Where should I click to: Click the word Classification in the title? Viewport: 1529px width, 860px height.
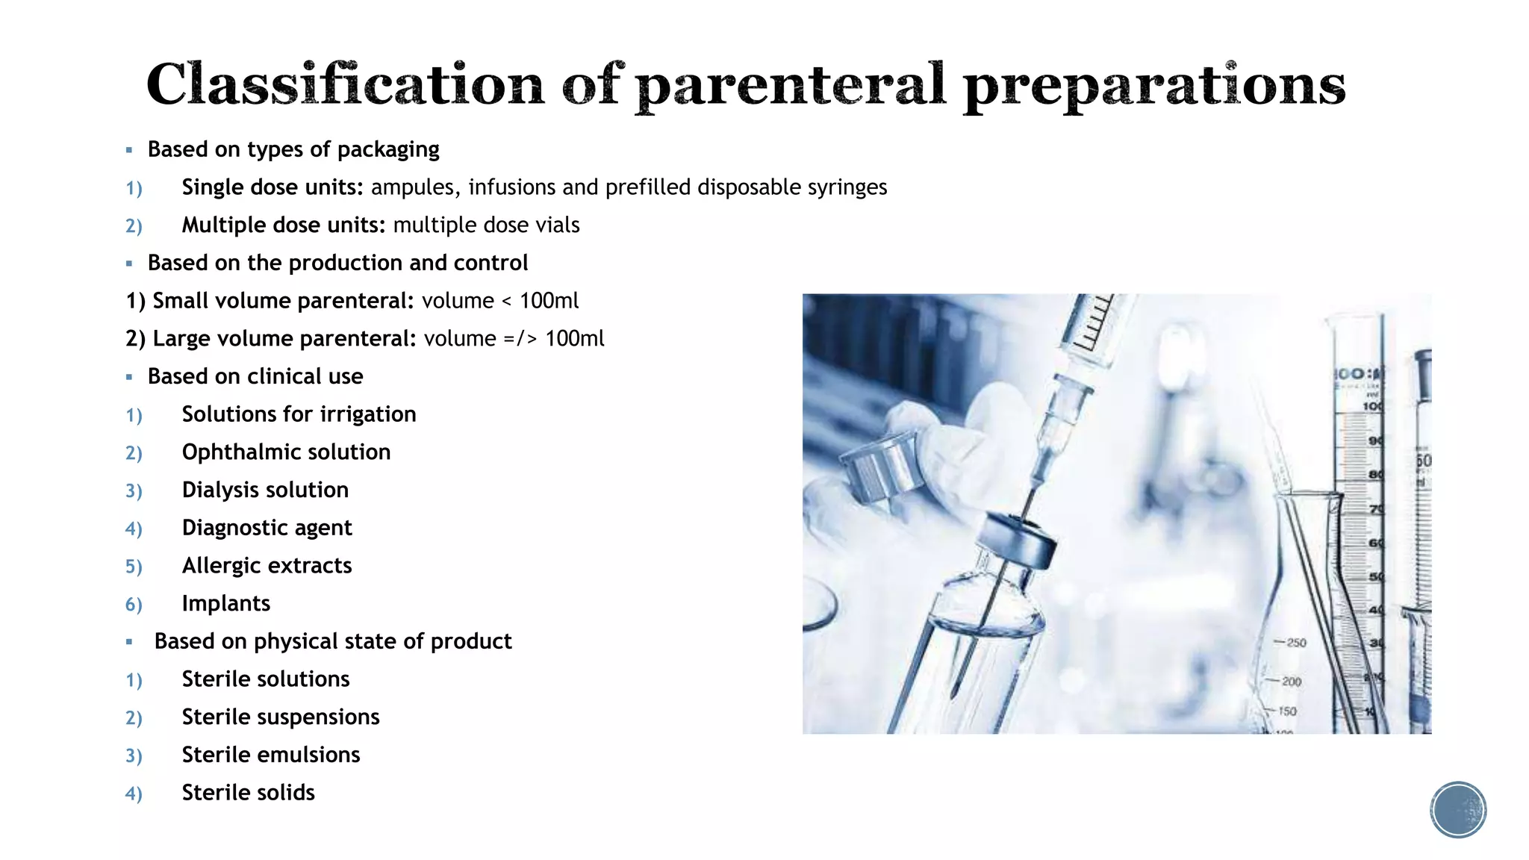[x=345, y=84]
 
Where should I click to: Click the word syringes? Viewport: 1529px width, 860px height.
[x=847, y=187]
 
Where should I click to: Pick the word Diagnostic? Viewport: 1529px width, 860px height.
[x=236, y=528]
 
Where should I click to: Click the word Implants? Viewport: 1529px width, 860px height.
[x=225, y=604]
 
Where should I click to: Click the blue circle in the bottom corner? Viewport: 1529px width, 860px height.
[x=1458, y=810]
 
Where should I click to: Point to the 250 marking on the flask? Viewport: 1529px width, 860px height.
[x=1296, y=643]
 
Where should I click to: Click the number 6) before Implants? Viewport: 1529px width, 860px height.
[x=134, y=605]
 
